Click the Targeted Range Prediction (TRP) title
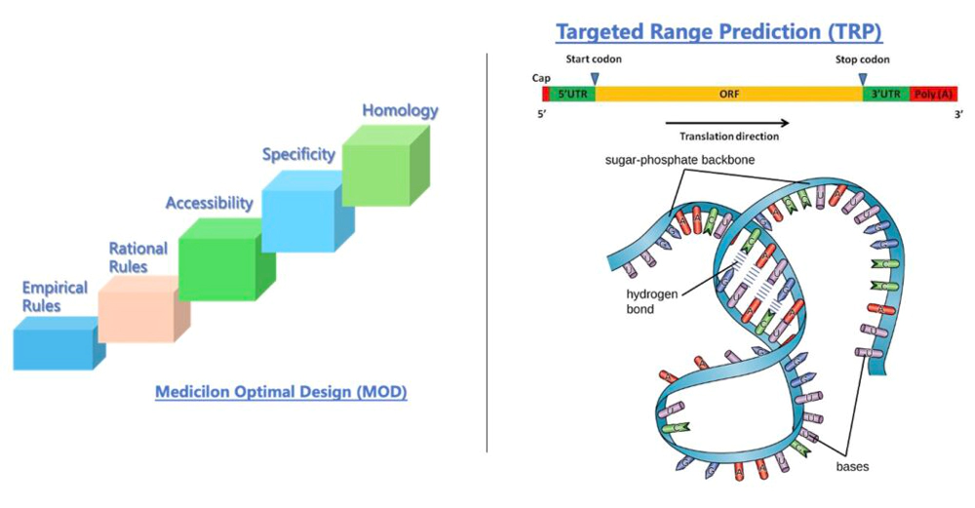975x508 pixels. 719,32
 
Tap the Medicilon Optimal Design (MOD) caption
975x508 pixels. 281,393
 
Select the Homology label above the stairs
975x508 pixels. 400,110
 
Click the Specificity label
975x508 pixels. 298,154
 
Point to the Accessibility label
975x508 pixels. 209,203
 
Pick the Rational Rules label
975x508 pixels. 137,257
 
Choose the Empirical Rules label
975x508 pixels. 55,296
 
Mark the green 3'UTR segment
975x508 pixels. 885,95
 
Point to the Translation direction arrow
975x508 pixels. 727,123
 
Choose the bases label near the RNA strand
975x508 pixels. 852,466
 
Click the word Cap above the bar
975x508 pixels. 542,76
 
